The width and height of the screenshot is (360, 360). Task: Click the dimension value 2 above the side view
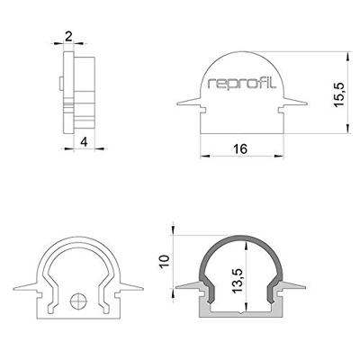point(67,37)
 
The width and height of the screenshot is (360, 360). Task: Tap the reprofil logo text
point(243,85)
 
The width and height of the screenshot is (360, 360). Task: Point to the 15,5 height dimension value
point(338,91)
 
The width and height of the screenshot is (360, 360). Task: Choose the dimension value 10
point(164,262)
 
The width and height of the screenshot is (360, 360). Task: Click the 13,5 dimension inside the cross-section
point(236,283)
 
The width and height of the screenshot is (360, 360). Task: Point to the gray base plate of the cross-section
point(244,311)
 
